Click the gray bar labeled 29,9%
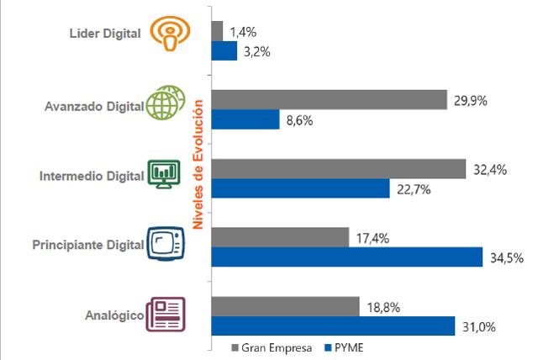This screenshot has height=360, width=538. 330,100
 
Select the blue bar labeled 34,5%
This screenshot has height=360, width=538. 347,257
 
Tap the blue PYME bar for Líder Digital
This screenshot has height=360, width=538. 224,50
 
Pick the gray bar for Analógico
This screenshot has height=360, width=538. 286,306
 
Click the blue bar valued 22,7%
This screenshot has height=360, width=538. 301,188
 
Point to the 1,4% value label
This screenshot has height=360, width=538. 243,32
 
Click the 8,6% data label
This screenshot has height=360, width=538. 299,121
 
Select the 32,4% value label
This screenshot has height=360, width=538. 490,170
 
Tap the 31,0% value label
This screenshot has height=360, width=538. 479,326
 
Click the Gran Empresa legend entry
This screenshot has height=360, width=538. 272,348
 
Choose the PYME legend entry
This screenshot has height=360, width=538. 344,347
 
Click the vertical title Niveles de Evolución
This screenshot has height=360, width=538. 198,164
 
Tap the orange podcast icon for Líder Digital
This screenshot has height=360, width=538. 170,34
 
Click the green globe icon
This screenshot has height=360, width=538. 166,103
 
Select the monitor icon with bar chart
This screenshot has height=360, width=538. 164,174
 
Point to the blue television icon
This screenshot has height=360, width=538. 166,243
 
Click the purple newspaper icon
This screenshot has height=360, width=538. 166,315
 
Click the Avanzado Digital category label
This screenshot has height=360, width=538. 94,106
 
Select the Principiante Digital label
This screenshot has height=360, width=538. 88,245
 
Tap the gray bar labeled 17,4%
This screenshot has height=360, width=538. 280,237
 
